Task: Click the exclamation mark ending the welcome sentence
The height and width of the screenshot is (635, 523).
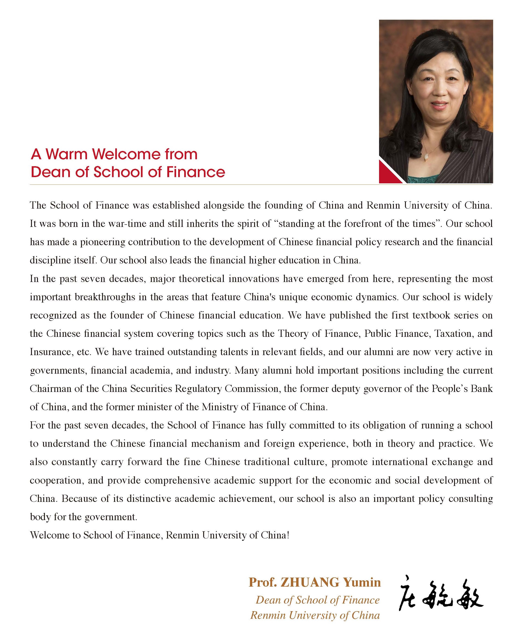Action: [x=288, y=535]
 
